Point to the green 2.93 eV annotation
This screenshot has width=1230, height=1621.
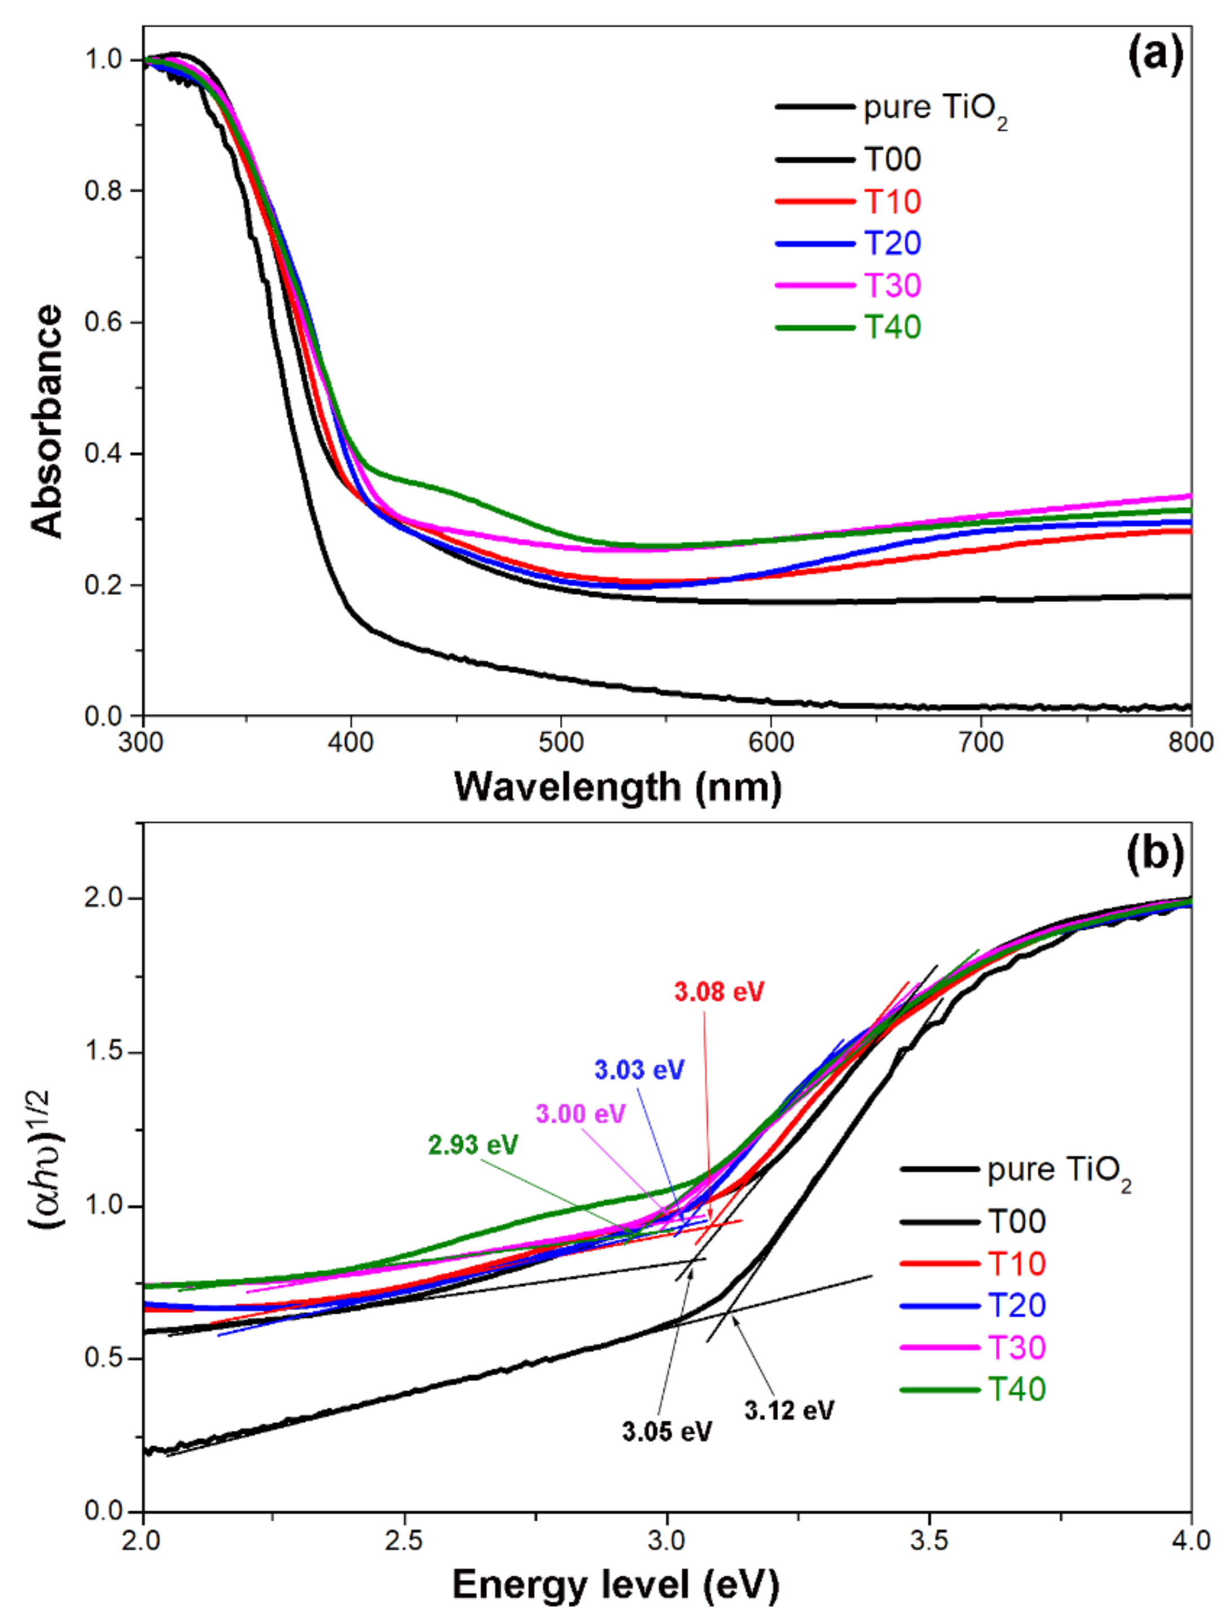473,1145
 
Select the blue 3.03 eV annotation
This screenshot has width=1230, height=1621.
639,1070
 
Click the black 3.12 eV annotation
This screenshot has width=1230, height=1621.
789,1411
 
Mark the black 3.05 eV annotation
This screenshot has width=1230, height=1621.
667,1432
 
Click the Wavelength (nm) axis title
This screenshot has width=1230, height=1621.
618,788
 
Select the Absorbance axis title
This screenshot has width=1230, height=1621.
46,422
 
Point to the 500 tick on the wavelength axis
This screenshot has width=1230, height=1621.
561,743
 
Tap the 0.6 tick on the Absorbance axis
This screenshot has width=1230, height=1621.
103,322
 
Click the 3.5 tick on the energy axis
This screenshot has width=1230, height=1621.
929,1541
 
